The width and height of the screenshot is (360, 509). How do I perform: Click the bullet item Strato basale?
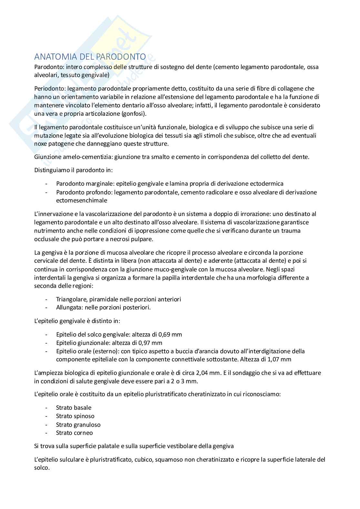point(74,407)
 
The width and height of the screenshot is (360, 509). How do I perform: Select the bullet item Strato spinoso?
point(75,416)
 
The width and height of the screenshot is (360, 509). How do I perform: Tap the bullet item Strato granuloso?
point(78,425)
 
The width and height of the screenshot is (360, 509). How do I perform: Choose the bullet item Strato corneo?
point(74,433)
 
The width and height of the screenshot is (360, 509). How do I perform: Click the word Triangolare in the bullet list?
point(70,299)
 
